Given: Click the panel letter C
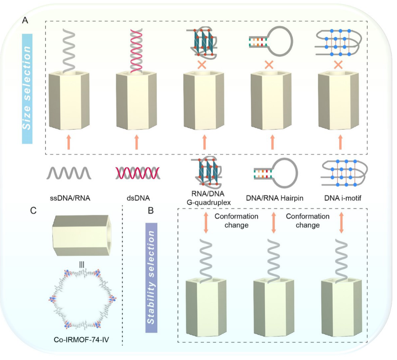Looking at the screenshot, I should point(34,211).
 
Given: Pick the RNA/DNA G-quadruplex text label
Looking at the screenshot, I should point(203,196).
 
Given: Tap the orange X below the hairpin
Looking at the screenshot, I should point(269,64).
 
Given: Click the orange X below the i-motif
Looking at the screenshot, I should point(338,64).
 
